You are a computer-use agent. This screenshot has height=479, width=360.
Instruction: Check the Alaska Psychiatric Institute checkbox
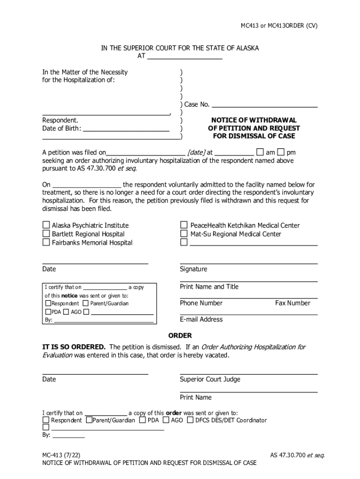click(x=46, y=225)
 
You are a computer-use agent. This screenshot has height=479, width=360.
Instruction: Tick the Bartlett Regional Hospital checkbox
click(x=46, y=234)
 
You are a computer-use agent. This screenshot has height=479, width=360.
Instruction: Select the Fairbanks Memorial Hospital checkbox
click(x=46, y=242)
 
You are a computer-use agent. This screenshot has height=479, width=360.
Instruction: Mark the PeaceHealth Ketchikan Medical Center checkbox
click(x=184, y=225)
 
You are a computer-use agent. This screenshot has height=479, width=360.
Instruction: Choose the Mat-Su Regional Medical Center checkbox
click(x=184, y=234)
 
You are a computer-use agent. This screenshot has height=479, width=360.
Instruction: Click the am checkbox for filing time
click(x=260, y=152)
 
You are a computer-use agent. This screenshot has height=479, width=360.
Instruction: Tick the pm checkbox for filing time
click(x=281, y=152)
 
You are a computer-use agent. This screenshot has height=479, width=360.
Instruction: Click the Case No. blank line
click(x=264, y=104)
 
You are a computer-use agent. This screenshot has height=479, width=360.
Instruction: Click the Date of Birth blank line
click(x=126, y=129)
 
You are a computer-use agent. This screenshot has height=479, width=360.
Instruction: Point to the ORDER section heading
click(x=180, y=336)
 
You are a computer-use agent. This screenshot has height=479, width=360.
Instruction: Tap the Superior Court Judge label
click(x=210, y=379)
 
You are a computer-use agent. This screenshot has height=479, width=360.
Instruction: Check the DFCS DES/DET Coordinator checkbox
click(x=190, y=420)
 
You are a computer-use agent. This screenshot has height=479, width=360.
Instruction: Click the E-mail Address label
click(x=201, y=319)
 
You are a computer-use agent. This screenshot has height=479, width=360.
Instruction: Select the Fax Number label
click(x=292, y=303)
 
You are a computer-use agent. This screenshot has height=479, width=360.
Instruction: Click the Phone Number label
click(x=201, y=303)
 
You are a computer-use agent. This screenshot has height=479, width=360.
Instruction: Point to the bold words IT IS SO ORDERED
click(x=74, y=347)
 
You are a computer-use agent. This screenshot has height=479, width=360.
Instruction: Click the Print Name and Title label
click(x=209, y=287)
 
